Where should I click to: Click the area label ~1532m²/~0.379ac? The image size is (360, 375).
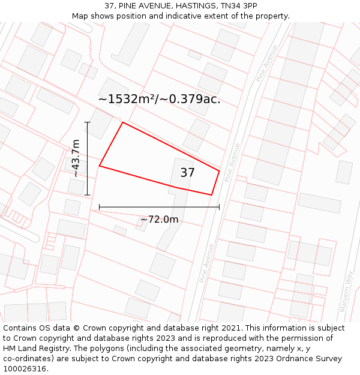tap(159, 99)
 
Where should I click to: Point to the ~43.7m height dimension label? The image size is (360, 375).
tap(76, 158)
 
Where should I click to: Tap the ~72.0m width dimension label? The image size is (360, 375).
tap(159, 220)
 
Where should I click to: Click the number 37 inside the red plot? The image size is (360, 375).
tap(187, 173)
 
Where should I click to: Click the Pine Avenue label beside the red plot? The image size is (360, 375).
tap(232, 163)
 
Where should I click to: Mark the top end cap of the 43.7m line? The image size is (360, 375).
tap(88, 122)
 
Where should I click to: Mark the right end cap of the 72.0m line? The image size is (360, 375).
tap(219, 207)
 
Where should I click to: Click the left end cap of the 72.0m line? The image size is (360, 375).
tap(100, 207)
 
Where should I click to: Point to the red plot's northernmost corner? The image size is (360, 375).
tap(123, 122)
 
